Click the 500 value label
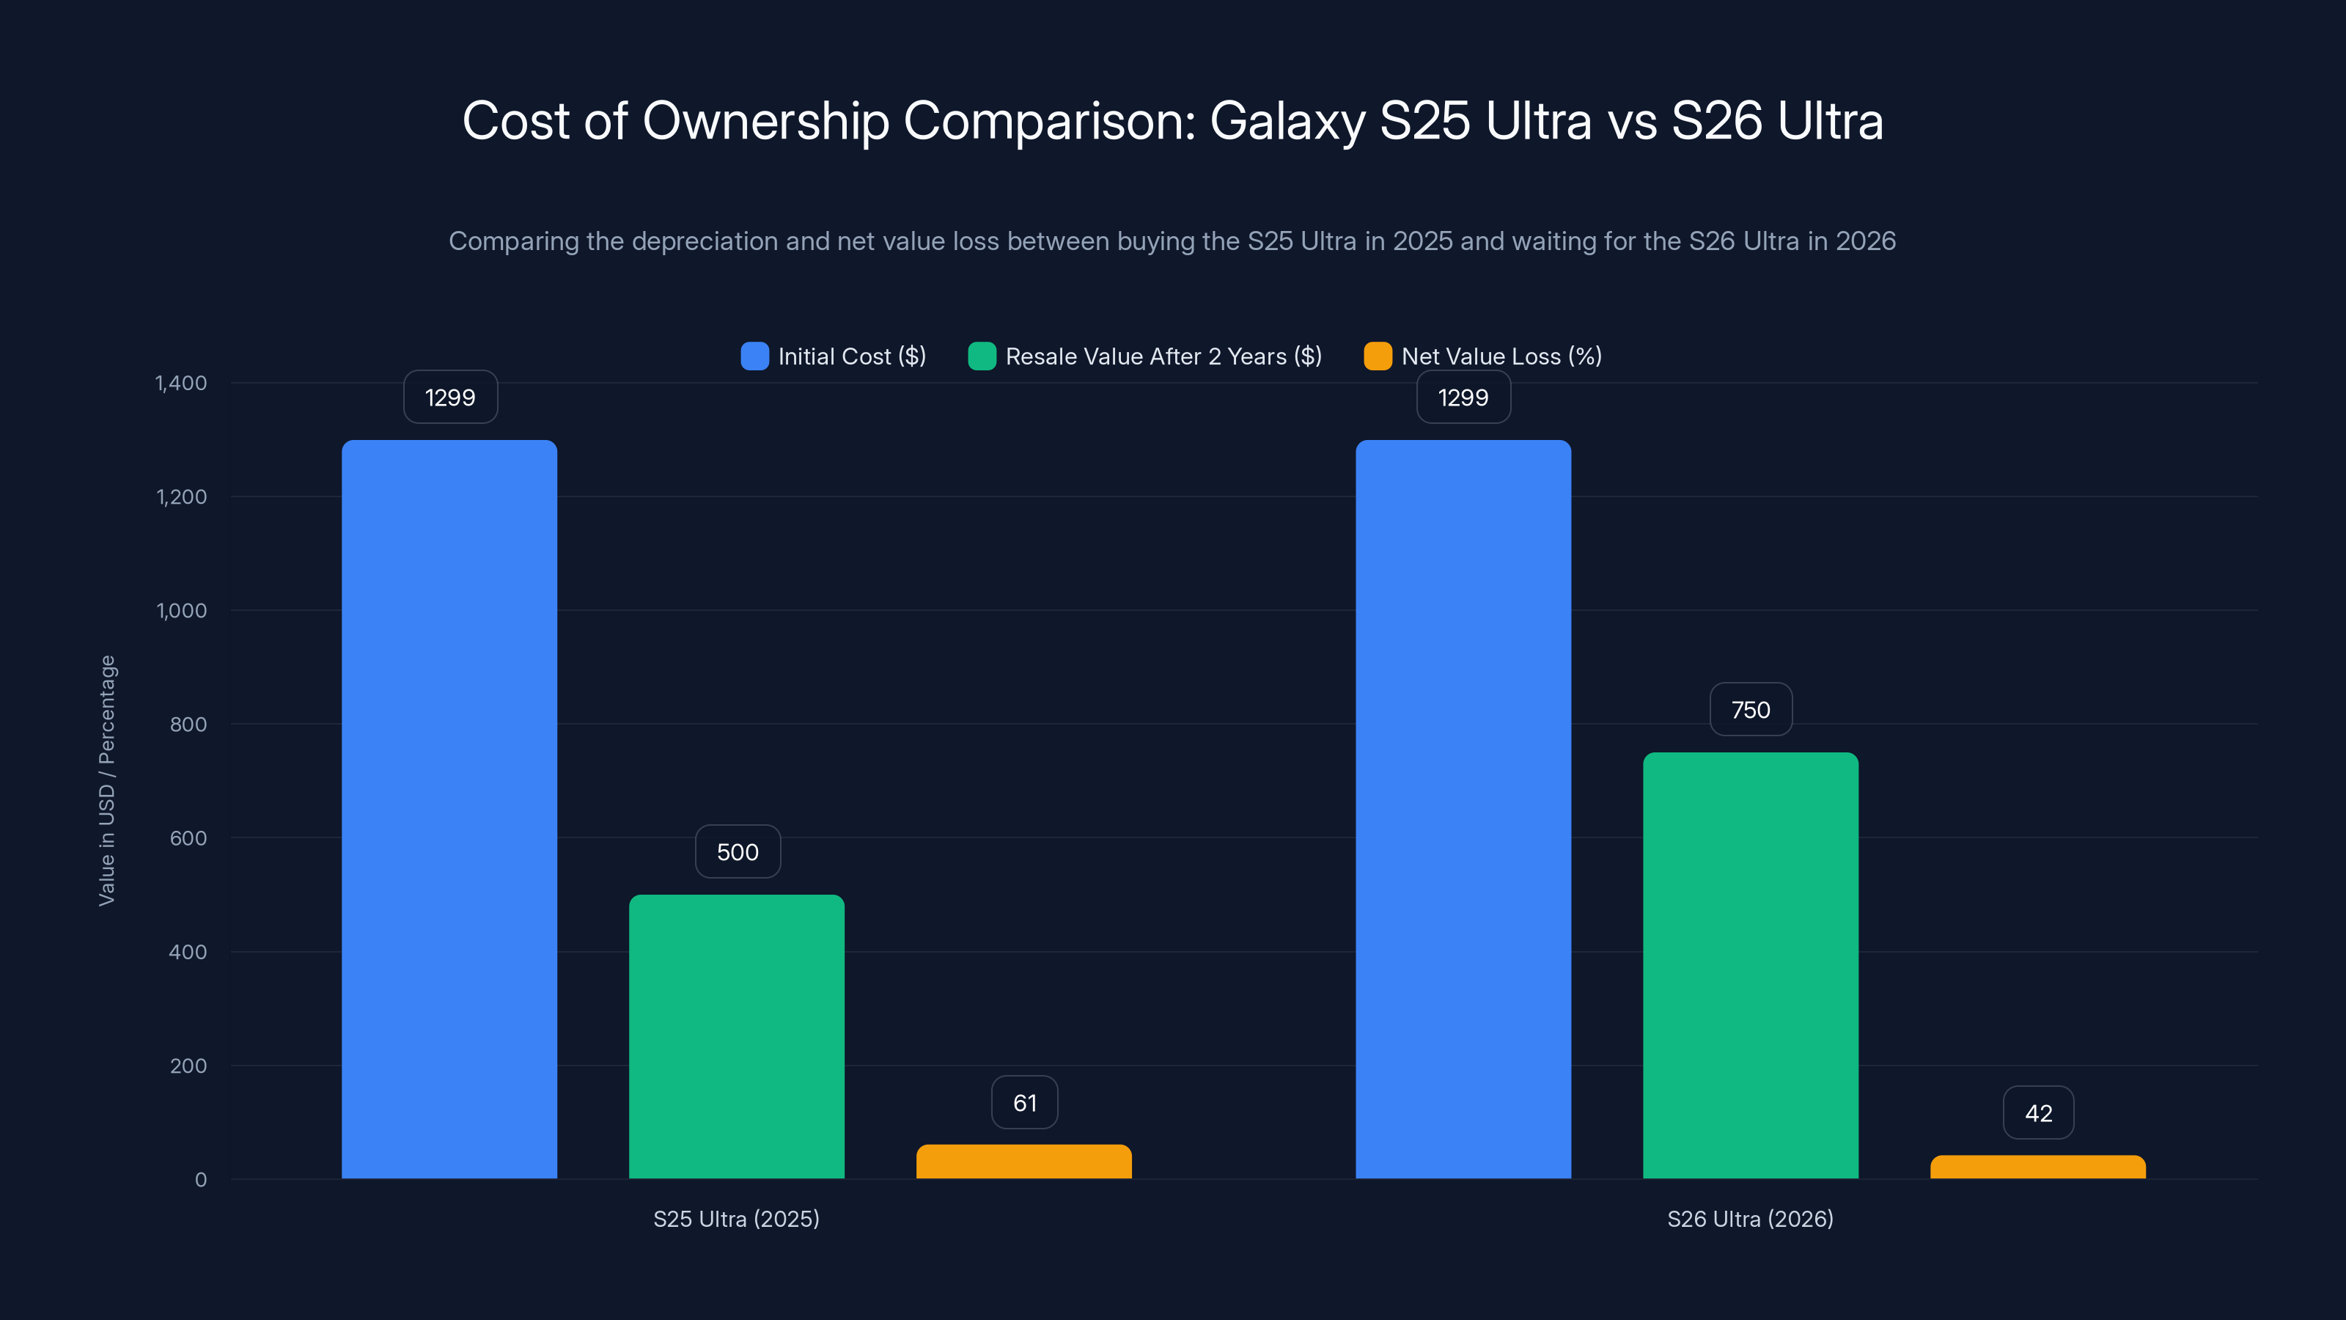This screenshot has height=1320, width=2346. [x=737, y=851]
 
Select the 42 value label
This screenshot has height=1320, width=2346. [x=2037, y=1112]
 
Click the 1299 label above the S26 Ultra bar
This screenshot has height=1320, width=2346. [x=1463, y=397]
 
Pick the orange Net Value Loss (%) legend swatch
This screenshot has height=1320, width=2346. [x=1377, y=356]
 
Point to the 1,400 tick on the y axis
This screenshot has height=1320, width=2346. [x=181, y=383]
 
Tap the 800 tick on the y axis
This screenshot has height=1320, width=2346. [x=188, y=725]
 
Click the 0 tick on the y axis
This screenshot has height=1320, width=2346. [x=200, y=1180]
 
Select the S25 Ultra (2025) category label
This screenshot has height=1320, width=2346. [x=736, y=1219]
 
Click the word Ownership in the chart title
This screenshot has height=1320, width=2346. [x=765, y=120]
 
